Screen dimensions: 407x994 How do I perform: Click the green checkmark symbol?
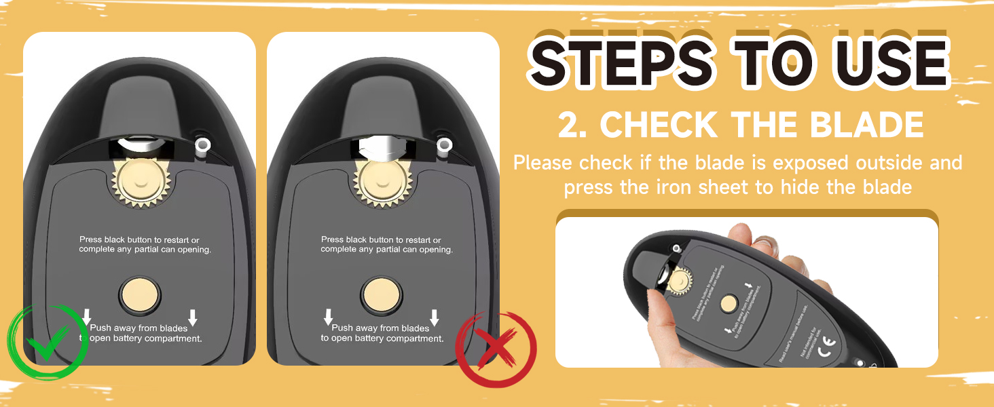pos(48,341)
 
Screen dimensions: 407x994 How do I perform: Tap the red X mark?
pos(496,349)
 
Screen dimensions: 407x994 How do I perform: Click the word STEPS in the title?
pos(621,64)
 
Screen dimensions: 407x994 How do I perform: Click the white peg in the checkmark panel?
pos(202,144)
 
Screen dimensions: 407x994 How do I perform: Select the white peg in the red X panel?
pos(444,144)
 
